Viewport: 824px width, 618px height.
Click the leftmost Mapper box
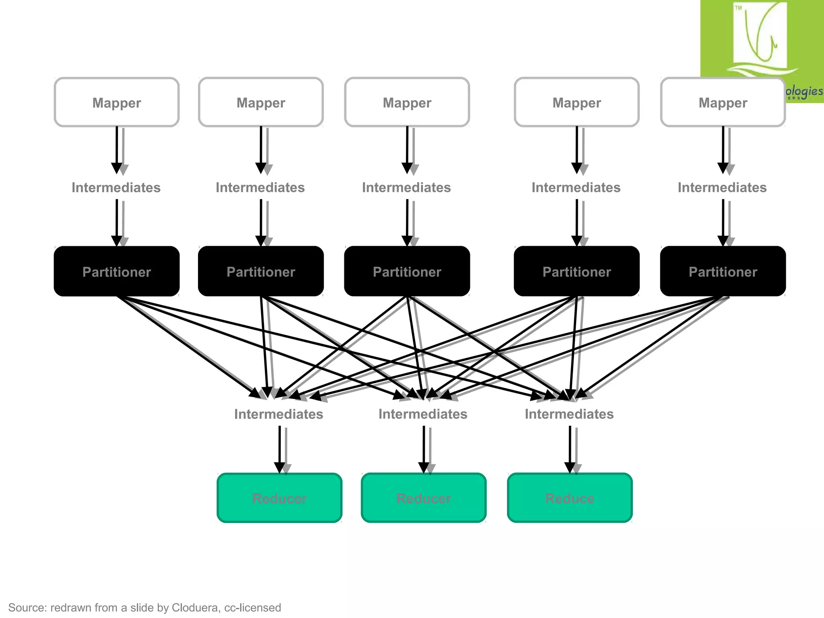click(117, 103)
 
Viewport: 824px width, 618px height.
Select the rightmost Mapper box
click(723, 103)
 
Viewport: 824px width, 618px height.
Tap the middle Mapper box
click(407, 103)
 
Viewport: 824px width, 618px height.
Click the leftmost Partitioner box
click(117, 272)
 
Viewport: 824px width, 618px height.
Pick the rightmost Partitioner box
click(723, 272)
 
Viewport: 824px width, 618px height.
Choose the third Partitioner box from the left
click(407, 272)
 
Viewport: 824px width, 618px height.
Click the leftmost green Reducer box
click(279, 498)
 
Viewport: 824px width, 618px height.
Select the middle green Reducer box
click(424, 498)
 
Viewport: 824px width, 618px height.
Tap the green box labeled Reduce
click(570, 498)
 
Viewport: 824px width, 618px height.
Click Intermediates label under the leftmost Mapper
click(116, 187)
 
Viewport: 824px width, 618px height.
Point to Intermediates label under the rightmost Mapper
click(722, 187)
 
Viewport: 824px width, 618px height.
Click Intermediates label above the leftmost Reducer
click(278, 414)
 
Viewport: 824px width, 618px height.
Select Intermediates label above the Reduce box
click(569, 414)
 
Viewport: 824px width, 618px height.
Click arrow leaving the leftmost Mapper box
click(117, 149)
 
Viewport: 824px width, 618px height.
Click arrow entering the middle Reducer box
click(424, 449)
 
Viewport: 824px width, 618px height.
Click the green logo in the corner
click(760, 40)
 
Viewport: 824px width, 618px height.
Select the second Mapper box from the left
click(261, 103)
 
